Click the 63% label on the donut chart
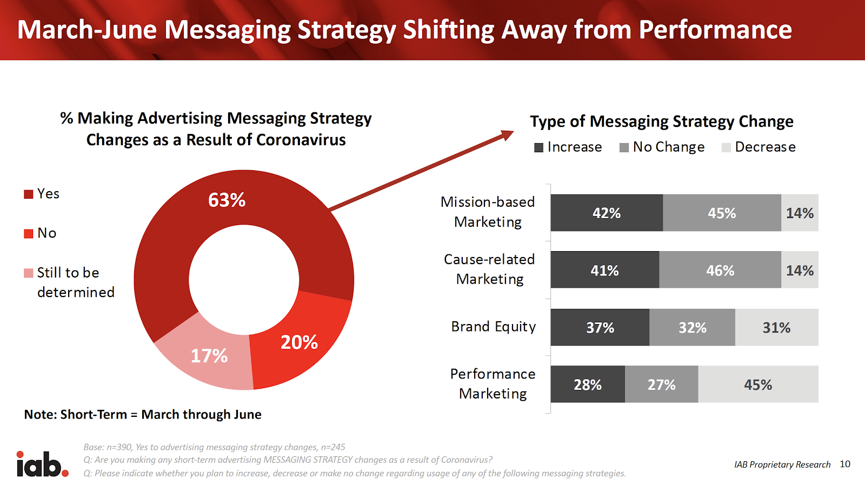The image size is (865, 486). point(227,200)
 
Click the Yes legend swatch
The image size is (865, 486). point(29,194)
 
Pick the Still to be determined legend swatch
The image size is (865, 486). point(29,273)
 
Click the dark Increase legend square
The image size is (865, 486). point(538,148)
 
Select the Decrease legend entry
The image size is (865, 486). point(758,147)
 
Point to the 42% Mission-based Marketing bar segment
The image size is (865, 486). point(607,213)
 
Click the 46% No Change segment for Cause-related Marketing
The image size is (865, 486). point(720,269)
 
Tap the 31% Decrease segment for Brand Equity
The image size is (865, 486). point(776,327)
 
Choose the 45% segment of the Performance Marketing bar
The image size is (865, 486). point(758,384)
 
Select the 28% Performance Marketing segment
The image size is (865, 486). point(588,384)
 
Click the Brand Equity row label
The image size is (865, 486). point(494,327)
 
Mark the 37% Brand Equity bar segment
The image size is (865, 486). point(600,327)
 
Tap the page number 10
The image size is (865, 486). point(845,464)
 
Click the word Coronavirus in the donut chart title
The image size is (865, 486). point(301,140)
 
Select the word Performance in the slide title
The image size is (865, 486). point(715,30)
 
